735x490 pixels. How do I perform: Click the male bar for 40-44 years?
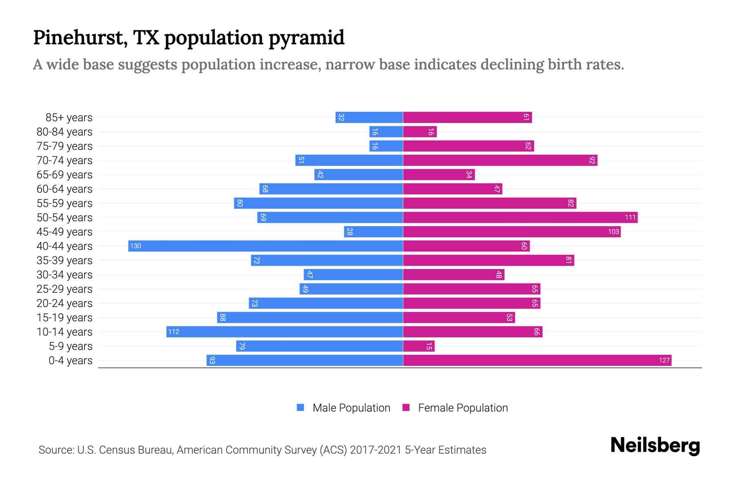[265, 246]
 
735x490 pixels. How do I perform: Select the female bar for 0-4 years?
[537, 360]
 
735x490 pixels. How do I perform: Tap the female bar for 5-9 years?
[419, 346]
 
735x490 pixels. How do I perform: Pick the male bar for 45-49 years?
[373, 232]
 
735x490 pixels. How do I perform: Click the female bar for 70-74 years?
[500, 160]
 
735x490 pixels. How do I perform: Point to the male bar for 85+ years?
[369, 117]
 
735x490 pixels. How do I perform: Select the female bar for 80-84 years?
[420, 131]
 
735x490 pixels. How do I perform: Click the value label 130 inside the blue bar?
[136, 246]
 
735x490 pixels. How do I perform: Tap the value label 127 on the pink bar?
[664, 360]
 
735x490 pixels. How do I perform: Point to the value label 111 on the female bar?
[630, 217]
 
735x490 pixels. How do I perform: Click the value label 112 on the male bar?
[174, 332]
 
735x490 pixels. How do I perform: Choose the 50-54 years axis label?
[65, 217]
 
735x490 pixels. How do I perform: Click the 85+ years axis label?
[69, 117]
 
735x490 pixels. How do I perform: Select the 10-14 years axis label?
[65, 332]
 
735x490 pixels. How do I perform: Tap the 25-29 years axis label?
[65, 289]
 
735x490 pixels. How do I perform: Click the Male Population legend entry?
[351, 408]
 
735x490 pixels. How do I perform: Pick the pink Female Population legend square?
[406, 408]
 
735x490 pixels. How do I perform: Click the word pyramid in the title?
[306, 38]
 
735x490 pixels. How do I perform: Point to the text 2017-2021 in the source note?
[376, 450]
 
